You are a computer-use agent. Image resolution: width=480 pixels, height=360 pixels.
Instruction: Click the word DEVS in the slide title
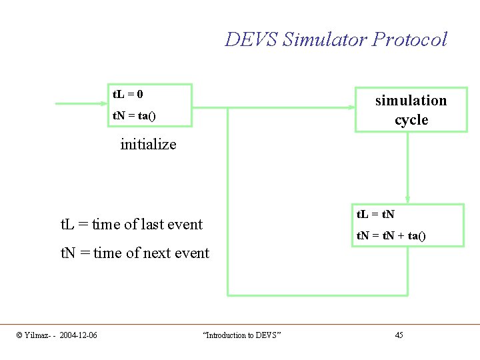pos(251,40)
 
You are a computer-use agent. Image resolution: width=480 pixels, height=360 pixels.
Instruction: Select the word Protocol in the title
pos(409,40)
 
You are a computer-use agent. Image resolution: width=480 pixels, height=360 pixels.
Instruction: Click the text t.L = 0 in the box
pos(127,94)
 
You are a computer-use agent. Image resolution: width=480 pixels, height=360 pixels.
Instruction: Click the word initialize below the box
pos(148,144)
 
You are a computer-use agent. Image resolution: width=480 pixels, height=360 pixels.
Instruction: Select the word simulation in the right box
pos(411,101)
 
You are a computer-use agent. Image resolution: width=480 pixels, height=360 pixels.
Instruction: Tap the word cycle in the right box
pos(411,120)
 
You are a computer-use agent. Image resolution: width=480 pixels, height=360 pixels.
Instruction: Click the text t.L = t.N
pos(375,215)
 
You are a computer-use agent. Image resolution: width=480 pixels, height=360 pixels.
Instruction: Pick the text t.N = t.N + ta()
pos(391,235)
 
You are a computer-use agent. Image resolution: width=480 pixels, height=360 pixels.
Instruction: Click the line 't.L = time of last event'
pos(131,224)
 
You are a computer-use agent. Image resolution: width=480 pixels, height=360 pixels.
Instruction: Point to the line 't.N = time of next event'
pos(135,253)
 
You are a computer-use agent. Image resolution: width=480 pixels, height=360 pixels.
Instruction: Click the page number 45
pos(399,335)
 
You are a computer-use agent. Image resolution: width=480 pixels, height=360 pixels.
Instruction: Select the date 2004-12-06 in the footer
pos(78,335)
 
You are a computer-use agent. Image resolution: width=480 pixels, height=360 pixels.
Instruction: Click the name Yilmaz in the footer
pos(37,335)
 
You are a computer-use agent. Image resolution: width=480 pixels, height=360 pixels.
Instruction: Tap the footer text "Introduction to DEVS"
pos(241,335)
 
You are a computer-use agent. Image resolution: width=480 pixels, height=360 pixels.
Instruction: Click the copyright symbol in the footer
pos(19,335)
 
